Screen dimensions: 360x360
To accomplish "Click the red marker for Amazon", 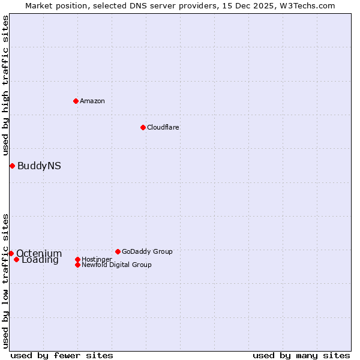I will point(76,101).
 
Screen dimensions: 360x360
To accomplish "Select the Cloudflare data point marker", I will point(143,127).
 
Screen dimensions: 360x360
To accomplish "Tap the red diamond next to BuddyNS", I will point(12,166).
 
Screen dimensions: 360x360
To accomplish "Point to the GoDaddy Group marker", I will point(118,251).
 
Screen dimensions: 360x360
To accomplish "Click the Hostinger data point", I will point(77,259).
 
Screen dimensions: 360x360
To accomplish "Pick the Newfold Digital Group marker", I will point(77,265).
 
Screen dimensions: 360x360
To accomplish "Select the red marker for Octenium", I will point(11,253).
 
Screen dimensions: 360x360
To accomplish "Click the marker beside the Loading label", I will point(16,259).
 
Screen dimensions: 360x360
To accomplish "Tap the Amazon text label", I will point(92,101).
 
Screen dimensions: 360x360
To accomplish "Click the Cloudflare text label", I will point(163,127).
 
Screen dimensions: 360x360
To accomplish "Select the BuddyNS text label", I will point(39,166).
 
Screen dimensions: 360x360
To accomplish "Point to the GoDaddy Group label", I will point(147,251).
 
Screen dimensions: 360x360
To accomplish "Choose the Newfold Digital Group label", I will point(116,265).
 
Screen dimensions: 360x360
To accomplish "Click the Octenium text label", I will point(39,253).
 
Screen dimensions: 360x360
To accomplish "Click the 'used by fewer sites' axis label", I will point(62,355).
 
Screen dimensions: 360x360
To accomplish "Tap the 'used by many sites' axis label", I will point(301,355).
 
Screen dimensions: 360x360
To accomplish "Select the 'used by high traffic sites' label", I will point(5,85).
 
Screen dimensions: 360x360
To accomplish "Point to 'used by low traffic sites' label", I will point(5,281).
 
